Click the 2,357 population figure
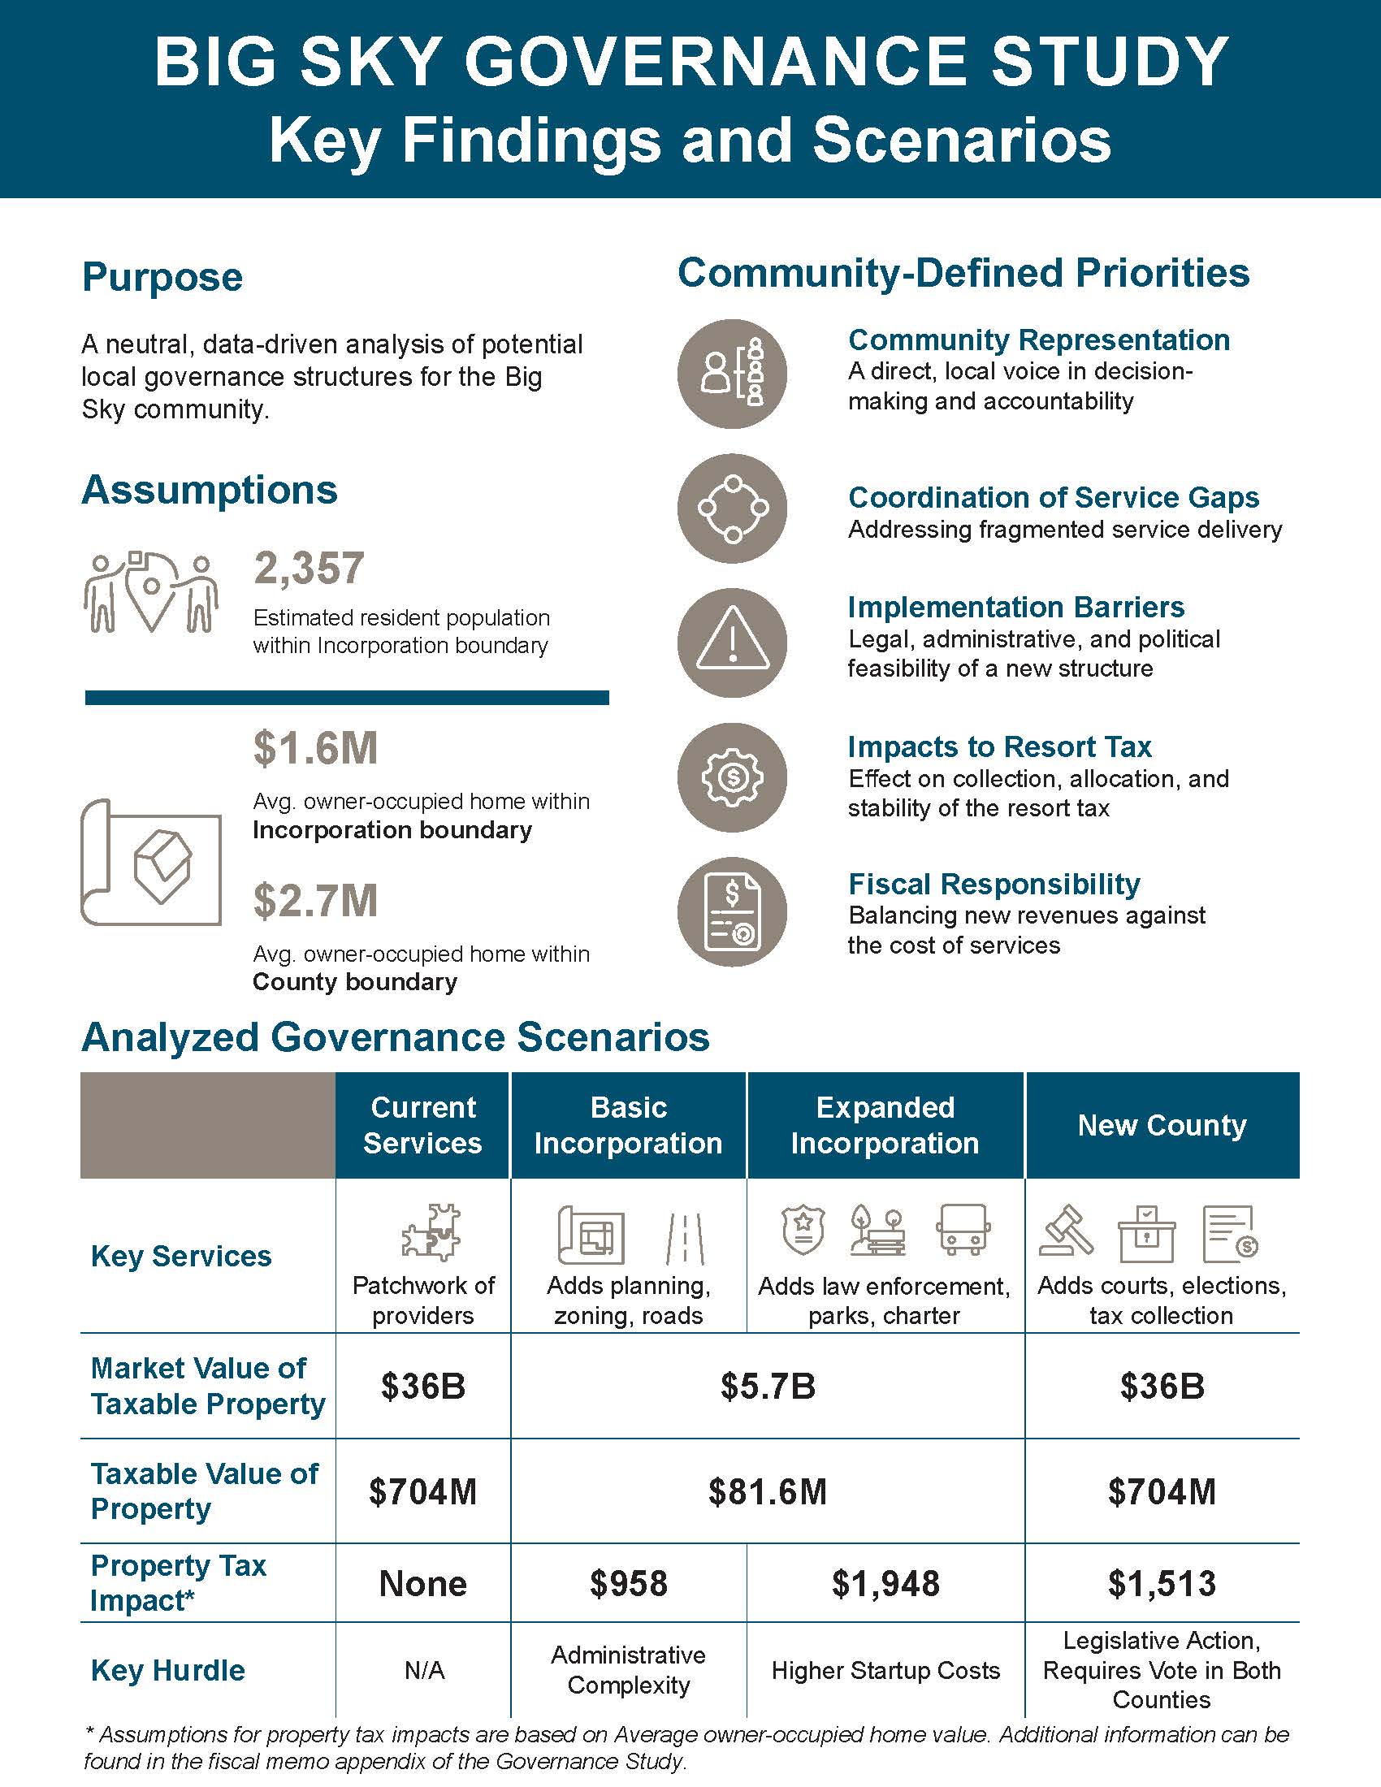(309, 568)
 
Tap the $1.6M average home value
(315, 748)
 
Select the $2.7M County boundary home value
(315, 900)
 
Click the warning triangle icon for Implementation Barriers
(732, 643)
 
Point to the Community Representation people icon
(732, 374)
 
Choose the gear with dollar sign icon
(732, 777)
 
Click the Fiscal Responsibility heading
(994, 884)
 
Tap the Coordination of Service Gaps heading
(1053, 497)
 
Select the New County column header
(1162, 1125)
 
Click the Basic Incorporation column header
(628, 1125)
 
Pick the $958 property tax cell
(628, 1583)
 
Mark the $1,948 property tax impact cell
(885, 1583)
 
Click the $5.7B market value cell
(768, 1386)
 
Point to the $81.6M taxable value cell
(768, 1491)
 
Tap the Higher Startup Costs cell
(885, 1670)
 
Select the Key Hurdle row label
(167, 1670)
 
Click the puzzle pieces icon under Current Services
(431, 1232)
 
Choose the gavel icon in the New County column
(1066, 1231)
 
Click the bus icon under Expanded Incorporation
(962, 1229)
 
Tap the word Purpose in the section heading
(162, 276)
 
